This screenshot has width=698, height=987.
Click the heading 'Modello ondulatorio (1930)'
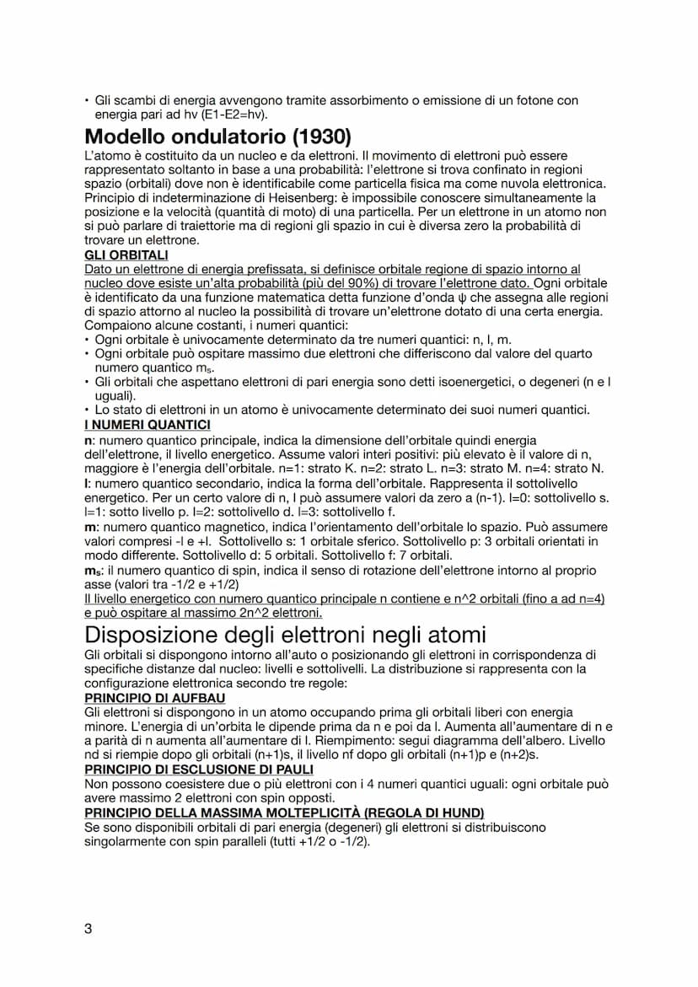click(217, 137)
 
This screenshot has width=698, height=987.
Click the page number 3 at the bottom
click(89, 930)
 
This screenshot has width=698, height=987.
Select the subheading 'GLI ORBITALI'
click(126, 255)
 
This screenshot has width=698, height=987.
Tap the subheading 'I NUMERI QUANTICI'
click(148, 425)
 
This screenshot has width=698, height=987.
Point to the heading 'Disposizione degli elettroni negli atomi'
click(285, 634)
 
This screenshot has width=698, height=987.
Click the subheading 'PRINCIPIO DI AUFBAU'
click(149, 699)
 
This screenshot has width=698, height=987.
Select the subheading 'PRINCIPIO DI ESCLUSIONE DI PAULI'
click(199, 770)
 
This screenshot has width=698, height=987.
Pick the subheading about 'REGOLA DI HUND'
click(285, 813)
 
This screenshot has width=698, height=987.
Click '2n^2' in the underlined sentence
click(230, 612)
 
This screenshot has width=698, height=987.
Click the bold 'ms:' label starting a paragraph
click(94, 571)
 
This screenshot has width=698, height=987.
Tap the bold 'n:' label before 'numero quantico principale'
click(89, 440)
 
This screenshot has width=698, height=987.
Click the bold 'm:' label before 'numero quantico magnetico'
click(91, 527)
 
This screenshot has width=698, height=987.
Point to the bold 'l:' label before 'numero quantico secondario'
click(88, 484)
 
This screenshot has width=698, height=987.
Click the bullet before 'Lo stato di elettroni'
click(87, 410)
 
